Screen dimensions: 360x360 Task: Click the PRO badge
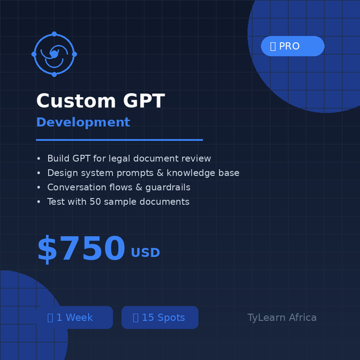click(x=292, y=46)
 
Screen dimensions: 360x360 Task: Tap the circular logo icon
click(x=54, y=54)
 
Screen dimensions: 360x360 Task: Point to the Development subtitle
click(x=83, y=122)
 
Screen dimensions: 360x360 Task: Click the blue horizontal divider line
click(x=119, y=140)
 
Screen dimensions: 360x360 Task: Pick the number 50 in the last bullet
click(x=95, y=202)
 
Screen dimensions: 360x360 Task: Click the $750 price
click(x=81, y=249)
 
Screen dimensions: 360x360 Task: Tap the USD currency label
click(x=146, y=253)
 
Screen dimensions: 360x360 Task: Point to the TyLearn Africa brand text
click(x=282, y=317)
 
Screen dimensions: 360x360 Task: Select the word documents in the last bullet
click(x=164, y=202)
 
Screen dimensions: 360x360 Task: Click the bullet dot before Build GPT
click(x=39, y=159)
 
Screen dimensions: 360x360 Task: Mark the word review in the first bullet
click(x=197, y=159)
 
